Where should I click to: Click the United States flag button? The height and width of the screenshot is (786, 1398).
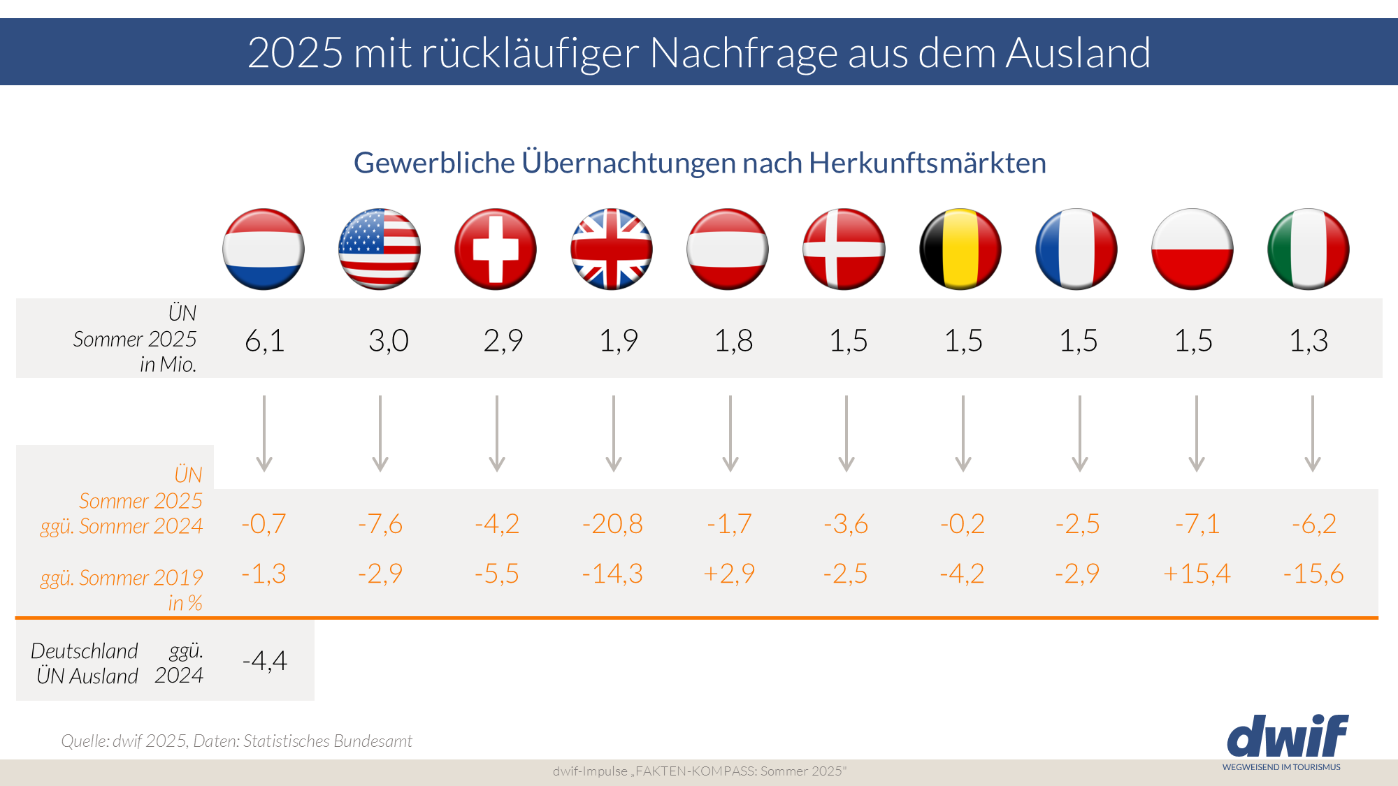(x=380, y=249)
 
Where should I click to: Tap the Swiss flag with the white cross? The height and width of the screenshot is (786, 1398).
(x=496, y=249)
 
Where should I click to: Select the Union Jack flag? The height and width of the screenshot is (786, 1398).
(x=612, y=249)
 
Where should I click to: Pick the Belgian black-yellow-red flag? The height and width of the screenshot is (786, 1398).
(x=960, y=249)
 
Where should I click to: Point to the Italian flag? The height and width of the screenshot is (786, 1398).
(x=1308, y=249)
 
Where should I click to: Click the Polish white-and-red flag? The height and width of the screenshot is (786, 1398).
(x=1192, y=249)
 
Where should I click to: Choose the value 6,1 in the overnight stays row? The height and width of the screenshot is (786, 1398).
(x=265, y=341)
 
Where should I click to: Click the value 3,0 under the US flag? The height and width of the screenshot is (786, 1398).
(x=389, y=341)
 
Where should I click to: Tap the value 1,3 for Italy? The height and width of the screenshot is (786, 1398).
(x=1309, y=341)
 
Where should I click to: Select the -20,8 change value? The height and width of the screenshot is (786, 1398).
(x=612, y=524)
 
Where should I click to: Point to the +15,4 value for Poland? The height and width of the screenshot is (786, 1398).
(x=1197, y=574)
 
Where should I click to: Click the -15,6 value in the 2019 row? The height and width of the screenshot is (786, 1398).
(x=1313, y=574)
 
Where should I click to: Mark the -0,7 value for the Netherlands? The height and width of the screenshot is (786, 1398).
(x=264, y=524)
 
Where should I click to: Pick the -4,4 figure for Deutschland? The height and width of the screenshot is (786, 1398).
(x=265, y=660)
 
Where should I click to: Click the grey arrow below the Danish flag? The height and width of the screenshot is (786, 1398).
(x=846, y=433)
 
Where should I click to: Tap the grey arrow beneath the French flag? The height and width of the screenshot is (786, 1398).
(x=1080, y=433)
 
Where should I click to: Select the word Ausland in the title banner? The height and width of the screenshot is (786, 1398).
(x=1078, y=52)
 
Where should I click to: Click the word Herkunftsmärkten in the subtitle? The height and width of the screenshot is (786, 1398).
(x=928, y=163)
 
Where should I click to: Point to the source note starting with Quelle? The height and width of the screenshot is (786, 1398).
(x=236, y=741)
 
